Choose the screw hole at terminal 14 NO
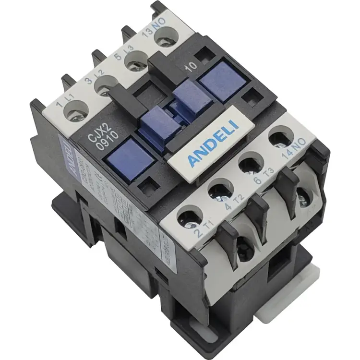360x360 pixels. pyautogui.click(x=280, y=138)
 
